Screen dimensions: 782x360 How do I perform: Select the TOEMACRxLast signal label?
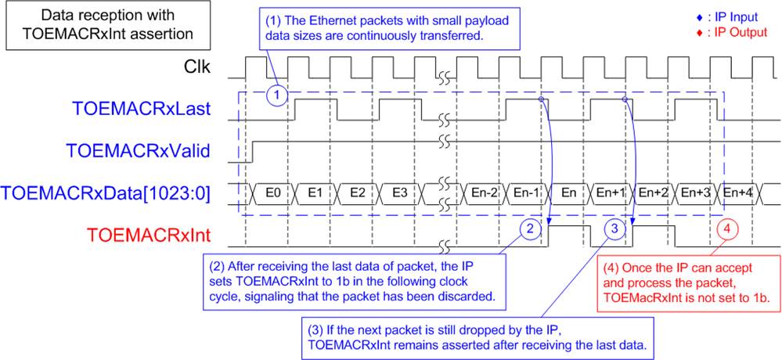[141, 110]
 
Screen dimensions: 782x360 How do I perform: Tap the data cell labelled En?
[567, 194]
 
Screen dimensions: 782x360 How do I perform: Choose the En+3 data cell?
[694, 194]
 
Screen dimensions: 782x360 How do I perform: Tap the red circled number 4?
[728, 230]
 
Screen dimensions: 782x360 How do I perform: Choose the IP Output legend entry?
[728, 33]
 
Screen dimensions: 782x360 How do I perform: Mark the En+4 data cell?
[736, 194]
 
